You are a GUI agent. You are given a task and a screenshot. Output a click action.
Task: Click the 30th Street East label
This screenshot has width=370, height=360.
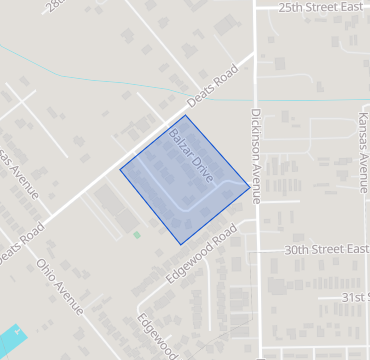[327, 249]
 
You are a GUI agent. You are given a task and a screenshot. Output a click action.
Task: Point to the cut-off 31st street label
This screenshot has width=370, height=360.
[354, 297]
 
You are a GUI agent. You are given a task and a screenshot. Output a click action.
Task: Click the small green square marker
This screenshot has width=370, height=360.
[137, 235]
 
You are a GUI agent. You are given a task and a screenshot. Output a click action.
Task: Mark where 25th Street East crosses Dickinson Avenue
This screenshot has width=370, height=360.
[255, 7]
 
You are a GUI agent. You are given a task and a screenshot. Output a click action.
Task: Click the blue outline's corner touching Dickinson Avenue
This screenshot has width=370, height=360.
[249, 185]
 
